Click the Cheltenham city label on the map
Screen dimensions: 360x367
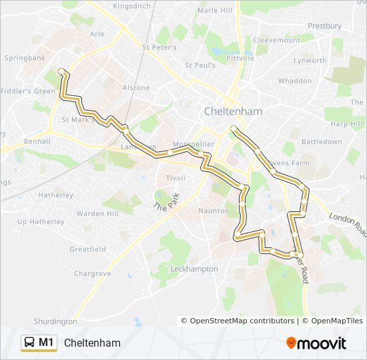point(233,111)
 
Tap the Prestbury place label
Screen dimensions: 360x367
point(326,26)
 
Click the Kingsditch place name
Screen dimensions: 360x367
point(133,6)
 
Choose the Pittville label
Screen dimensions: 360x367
point(240,58)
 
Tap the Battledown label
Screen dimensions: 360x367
point(322,142)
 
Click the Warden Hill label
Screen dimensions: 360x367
point(97,214)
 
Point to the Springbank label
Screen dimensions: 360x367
point(25,59)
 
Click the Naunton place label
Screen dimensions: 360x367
point(214,211)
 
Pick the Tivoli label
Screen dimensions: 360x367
point(175,178)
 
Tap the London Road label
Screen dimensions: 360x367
point(348,224)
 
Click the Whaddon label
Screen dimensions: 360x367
point(294,81)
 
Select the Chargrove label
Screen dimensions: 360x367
point(92,273)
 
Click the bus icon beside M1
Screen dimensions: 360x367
point(30,343)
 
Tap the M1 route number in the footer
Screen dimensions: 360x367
point(46,343)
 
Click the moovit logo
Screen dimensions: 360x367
point(316,343)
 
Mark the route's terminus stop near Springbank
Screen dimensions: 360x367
point(61,71)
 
